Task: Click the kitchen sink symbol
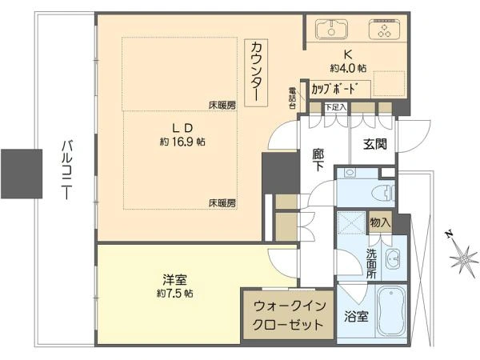pos(331,29)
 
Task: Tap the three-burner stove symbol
pos(384,29)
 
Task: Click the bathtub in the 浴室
pos(391,314)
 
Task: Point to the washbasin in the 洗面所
pos(393,259)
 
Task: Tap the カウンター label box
pos(256,73)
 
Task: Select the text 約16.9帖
pos(182,142)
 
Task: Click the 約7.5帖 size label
pos(174,294)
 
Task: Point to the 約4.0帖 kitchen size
pos(348,68)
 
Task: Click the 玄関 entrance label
pos(375,144)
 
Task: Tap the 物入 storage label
pos(380,222)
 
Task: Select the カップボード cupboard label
pos(335,89)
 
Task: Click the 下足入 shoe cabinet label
pos(335,107)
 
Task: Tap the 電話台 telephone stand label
pos(293,98)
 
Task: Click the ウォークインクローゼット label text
pos(288,315)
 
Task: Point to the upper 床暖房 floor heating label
pos(222,106)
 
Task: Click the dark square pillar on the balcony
pos(22,174)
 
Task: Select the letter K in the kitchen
pos(348,54)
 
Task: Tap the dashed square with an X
pos(351,222)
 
